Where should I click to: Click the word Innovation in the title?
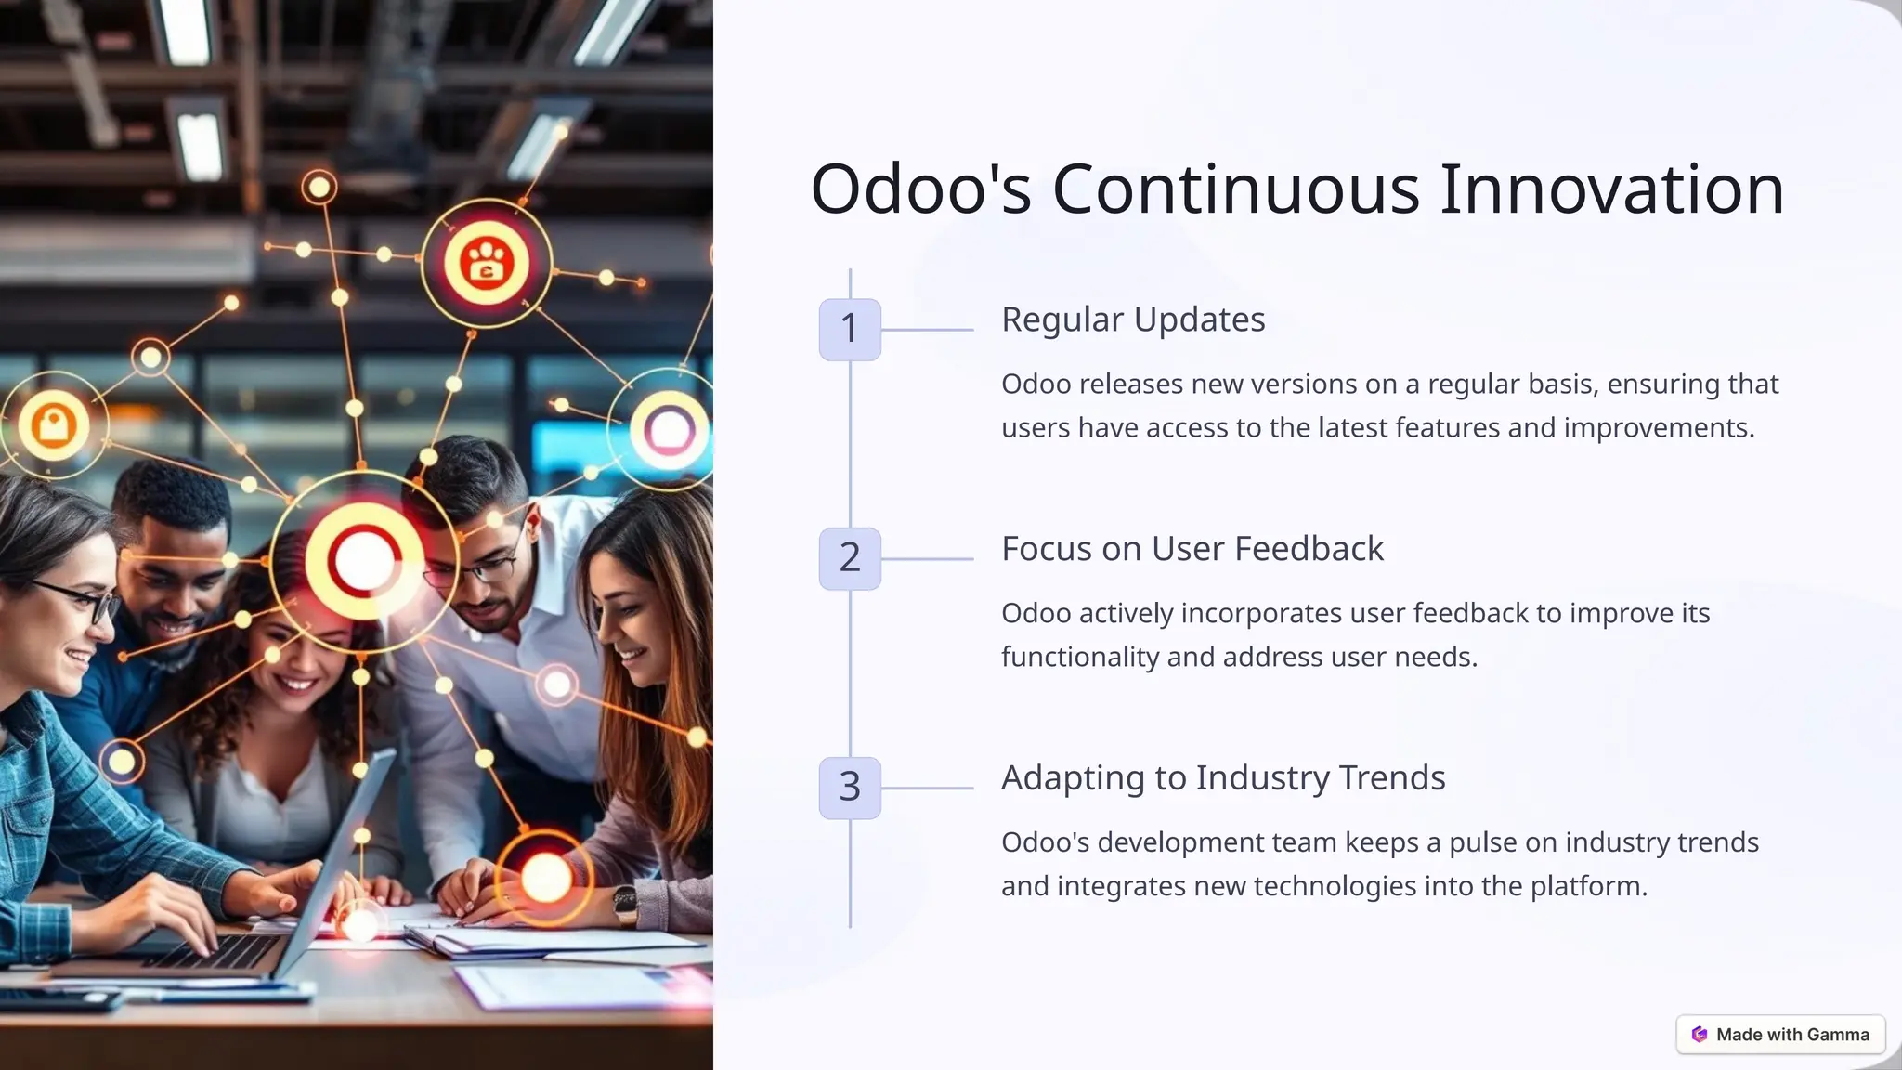pos(1611,189)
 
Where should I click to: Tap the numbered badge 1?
pos(850,329)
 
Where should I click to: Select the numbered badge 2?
pos(850,558)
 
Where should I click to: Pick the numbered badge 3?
pos(850,788)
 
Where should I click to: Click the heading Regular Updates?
pos(1133,320)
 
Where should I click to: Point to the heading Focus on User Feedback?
pos(1192,549)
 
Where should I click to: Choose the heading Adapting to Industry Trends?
pos(1223,778)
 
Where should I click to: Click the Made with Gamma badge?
pos(1780,1035)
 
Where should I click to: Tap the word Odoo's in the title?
pos(920,189)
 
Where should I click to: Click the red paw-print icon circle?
pos(487,262)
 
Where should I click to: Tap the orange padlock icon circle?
pos(54,426)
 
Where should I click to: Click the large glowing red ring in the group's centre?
pos(364,560)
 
